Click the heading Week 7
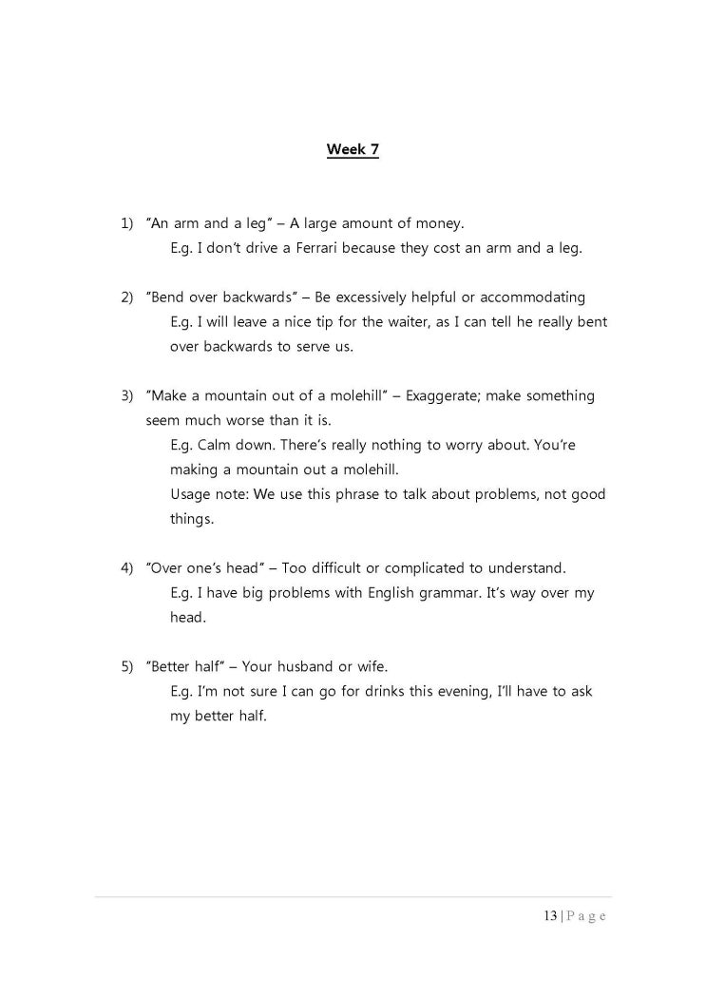click(x=353, y=149)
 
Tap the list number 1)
click(x=127, y=224)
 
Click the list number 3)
click(x=127, y=395)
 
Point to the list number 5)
click(x=127, y=666)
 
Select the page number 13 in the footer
click(x=550, y=916)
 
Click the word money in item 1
click(x=440, y=224)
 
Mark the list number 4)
click(x=127, y=568)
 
